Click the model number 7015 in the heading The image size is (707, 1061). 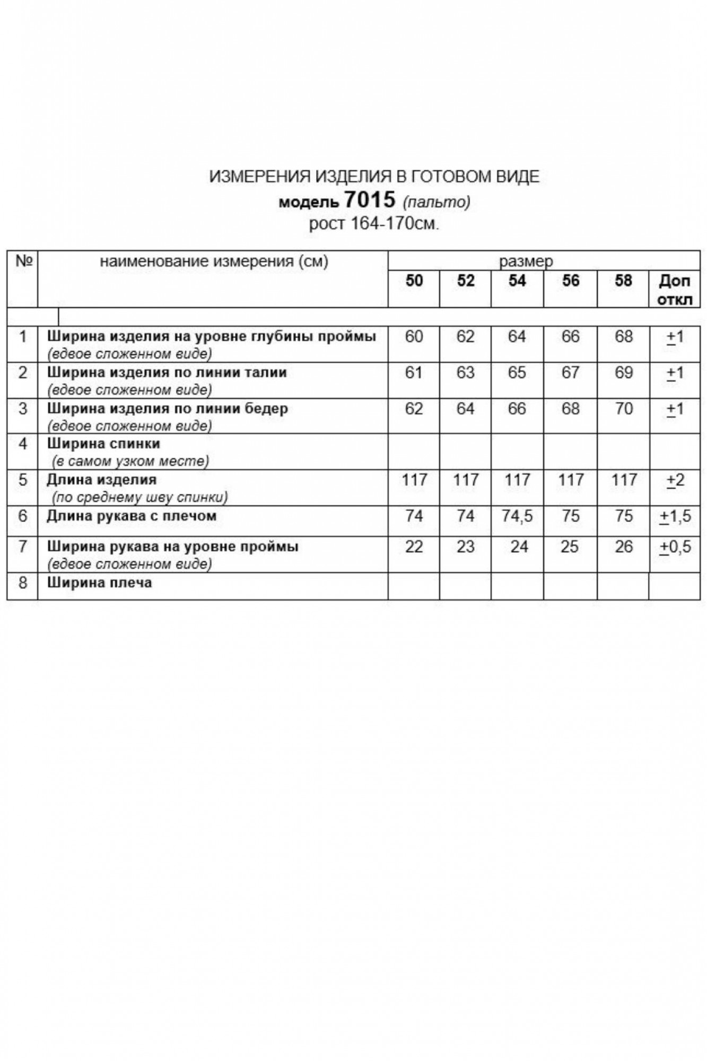point(370,200)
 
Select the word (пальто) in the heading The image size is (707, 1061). point(437,202)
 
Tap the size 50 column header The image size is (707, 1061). point(414,281)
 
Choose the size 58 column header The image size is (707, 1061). point(623,281)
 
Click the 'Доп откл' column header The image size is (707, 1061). point(675,290)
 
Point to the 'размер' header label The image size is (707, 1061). point(526,261)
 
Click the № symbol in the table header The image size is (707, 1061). point(24,261)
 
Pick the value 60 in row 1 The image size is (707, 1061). point(414,336)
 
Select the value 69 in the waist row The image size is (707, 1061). point(623,372)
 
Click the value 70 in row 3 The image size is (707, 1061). point(623,408)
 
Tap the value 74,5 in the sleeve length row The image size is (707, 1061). point(517,516)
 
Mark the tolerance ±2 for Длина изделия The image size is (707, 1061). point(675,480)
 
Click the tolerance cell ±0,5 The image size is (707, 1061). point(675,547)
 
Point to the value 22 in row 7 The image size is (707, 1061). point(414,547)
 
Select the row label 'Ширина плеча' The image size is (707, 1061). point(99,582)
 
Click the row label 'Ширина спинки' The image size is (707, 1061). point(103,443)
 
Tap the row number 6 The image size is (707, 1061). point(22,516)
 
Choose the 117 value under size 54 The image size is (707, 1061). point(517,480)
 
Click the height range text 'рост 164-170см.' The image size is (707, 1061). point(374,224)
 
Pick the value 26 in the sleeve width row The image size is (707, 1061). point(623,547)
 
